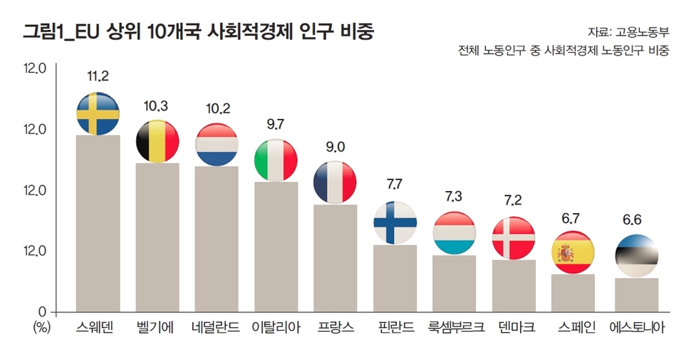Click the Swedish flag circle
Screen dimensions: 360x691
[98, 113]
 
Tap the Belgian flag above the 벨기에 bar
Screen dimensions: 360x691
[157, 141]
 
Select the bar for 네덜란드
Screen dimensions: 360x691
[217, 239]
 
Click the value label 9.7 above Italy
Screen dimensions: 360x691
[276, 124]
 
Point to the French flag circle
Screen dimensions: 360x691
[336, 182]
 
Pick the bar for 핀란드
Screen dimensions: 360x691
[395, 278]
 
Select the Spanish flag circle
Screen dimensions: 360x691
[573, 252]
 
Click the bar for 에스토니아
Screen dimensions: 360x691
[636, 294]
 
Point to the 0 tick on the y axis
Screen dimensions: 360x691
[42, 312]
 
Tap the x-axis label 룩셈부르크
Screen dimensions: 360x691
[455, 329]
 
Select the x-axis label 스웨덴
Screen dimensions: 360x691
[98, 329]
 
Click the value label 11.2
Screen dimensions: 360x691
[98, 75]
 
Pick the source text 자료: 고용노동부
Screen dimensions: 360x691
[628, 32]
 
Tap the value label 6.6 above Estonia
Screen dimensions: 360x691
[633, 220]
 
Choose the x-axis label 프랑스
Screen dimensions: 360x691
[336, 329]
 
